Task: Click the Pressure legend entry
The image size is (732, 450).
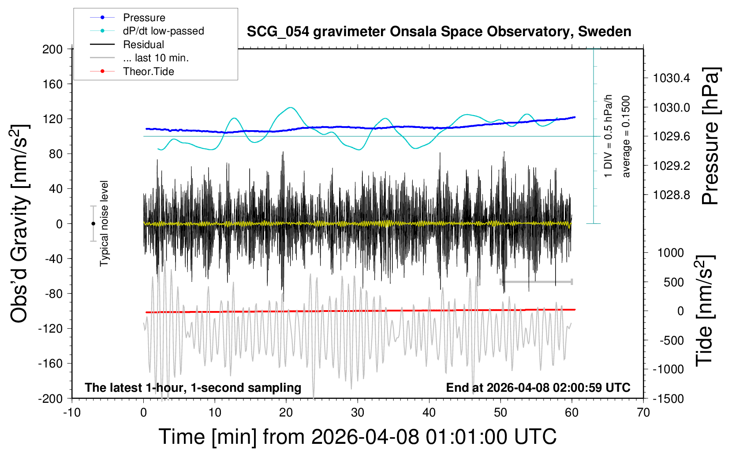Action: pyautogui.click(x=127, y=17)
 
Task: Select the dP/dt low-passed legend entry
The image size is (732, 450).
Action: pyautogui.click(x=147, y=31)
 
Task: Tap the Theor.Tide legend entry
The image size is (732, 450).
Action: pyautogui.click(x=132, y=71)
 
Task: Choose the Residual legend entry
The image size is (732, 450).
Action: pyautogui.click(x=127, y=45)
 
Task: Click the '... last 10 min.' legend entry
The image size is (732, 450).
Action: pyautogui.click(x=139, y=58)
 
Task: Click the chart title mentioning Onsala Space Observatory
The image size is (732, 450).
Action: pyautogui.click(x=439, y=32)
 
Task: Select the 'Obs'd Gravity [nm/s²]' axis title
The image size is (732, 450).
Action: pyautogui.click(x=19, y=224)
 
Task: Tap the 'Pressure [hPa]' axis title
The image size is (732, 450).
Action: pyautogui.click(x=711, y=136)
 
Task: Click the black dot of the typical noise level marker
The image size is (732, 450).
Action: pyautogui.click(x=93, y=224)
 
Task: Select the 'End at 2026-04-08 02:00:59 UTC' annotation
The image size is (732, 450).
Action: pyautogui.click(x=538, y=387)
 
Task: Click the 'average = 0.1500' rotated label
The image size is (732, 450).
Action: pyautogui.click(x=626, y=136)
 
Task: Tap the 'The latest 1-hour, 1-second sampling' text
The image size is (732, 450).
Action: pyautogui.click(x=193, y=387)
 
